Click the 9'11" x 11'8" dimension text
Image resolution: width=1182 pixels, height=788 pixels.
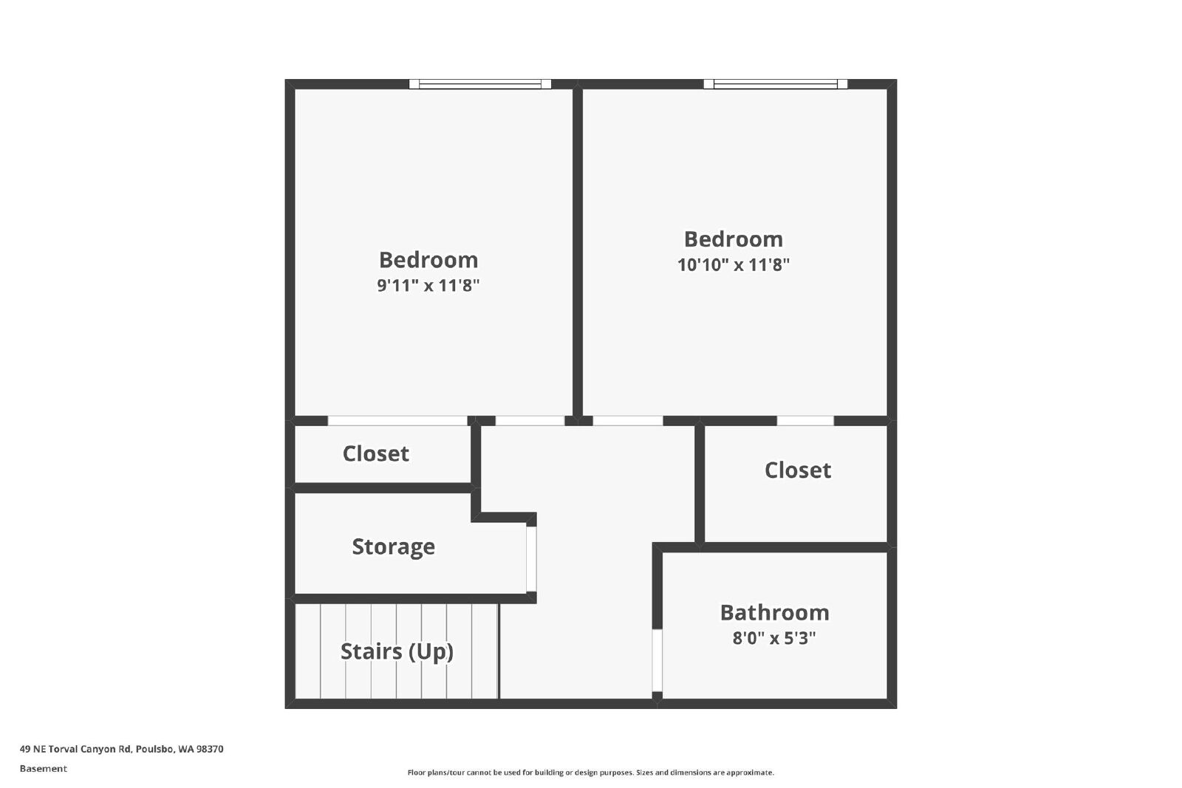point(428,285)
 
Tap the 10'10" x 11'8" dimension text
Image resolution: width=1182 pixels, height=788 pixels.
point(734,264)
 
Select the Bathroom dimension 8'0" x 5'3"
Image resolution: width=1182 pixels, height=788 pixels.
point(774,638)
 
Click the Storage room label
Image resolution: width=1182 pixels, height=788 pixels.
point(394,547)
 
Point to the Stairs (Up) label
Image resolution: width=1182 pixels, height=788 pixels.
point(397,652)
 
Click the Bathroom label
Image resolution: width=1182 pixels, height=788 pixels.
point(775,613)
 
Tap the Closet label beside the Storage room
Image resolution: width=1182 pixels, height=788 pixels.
point(376,453)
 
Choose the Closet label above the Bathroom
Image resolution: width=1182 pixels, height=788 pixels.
point(798,470)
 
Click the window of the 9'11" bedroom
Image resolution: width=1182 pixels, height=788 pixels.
point(480,84)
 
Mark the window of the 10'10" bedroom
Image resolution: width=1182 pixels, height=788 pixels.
point(776,84)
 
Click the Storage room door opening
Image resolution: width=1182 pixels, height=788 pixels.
point(531,559)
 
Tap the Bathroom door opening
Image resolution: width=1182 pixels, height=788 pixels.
point(657,660)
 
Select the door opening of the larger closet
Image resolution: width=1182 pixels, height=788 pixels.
point(805,420)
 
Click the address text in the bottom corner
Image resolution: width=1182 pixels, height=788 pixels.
point(121,749)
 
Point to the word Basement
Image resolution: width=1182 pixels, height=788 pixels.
point(44,769)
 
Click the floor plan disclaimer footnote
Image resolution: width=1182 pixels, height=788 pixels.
point(590,772)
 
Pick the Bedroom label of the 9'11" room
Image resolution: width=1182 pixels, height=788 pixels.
point(428,260)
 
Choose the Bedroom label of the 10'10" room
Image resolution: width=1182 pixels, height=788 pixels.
point(734,239)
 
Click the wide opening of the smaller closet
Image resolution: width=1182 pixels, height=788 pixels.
point(397,420)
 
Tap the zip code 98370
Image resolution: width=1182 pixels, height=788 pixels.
point(210,749)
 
